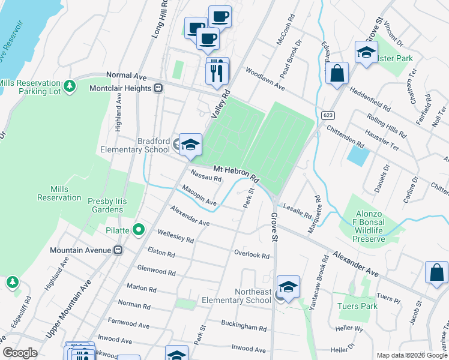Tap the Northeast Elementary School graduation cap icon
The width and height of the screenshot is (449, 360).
pyautogui.click(x=288, y=287)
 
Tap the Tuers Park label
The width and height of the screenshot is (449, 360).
pyautogui.click(x=357, y=306)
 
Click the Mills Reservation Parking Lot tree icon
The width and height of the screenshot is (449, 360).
pyautogui.click(x=70, y=86)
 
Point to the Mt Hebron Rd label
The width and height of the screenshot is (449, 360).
pyautogui.click(x=235, y=175)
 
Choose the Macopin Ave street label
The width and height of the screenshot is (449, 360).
pyautogui.click(x=199, y=197)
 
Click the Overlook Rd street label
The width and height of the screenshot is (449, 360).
pyautogui.click(x=252, y=254)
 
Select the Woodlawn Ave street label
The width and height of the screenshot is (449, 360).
pyautogui.click(x=265, y=79)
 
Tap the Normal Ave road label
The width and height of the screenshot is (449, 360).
pyautogui.click(x=127, y=76)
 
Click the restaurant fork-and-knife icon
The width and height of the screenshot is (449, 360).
pyautogui.click(x=217, y=73)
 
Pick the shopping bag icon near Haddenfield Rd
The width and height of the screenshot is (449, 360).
pyautogui.click(x=338, y=74)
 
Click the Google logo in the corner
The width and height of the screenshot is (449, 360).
pyautogui.click(x=20, y=353)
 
